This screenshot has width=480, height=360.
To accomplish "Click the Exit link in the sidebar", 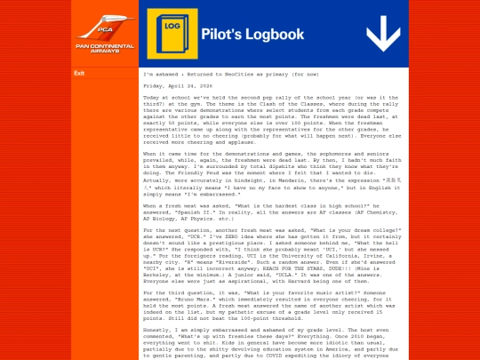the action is (x=79, y=73).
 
